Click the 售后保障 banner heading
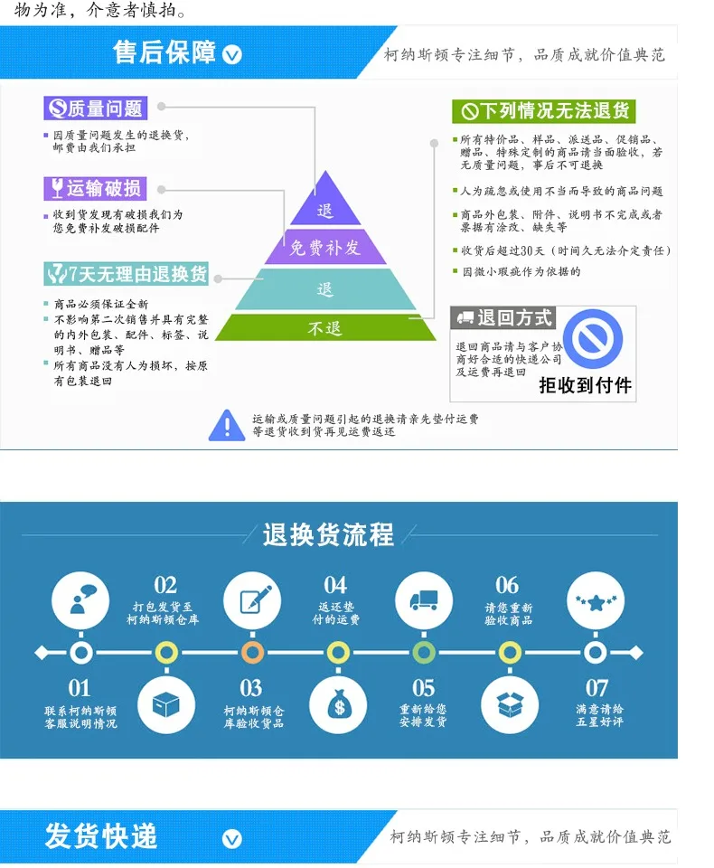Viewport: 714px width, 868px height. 164,53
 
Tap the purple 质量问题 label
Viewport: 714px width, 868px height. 96,109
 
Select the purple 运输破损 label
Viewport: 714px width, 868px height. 96,188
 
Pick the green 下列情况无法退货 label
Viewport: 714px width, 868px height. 544,111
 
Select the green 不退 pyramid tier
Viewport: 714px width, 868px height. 325,327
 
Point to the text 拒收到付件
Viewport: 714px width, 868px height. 586,386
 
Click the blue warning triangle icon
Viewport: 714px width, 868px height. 226,425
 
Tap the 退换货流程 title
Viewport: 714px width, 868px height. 328,534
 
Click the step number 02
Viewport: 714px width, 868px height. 165,586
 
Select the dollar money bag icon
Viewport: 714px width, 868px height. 337,704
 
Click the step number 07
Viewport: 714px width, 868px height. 597,689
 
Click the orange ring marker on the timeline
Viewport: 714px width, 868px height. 252,652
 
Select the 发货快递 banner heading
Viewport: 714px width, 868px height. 101,836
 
